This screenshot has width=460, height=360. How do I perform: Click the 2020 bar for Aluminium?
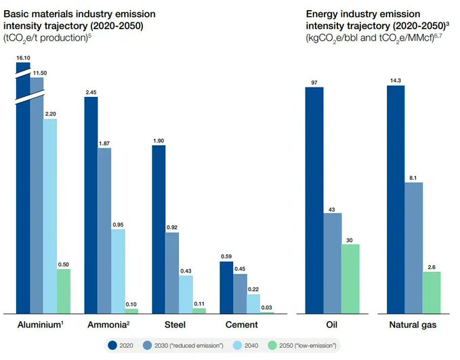point(23,203)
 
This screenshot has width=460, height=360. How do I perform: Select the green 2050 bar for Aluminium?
point(64,291)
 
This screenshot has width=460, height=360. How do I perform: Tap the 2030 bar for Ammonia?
point(104,230)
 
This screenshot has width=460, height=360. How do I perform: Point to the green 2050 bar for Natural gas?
point(432,292)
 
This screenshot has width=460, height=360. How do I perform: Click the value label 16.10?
point(23,58)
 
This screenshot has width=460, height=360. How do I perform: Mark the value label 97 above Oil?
point(314,82)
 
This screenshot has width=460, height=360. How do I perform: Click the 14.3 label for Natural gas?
point(395,81)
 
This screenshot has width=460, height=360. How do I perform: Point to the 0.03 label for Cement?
point(266,307)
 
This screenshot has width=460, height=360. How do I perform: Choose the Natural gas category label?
point(413,325)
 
